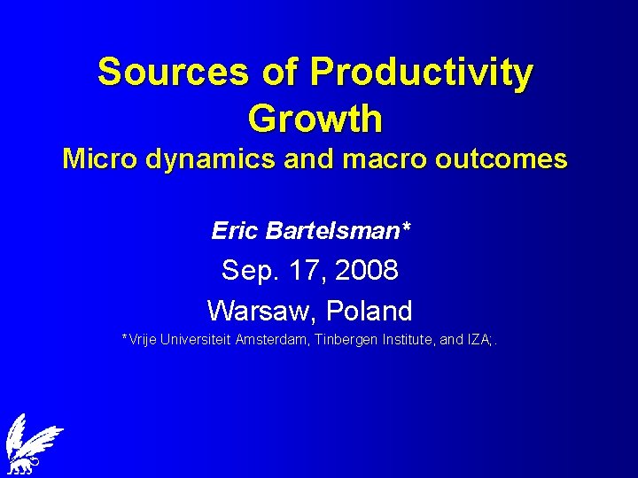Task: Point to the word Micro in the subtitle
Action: [95, 159]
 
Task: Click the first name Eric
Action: [233, 231]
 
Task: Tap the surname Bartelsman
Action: [338, 231]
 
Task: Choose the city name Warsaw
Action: [261, 311]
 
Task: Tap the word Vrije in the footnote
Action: [142, 339]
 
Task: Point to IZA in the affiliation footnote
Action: [479, 339]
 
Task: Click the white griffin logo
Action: [32, 443]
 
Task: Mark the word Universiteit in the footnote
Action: [195, 339]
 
